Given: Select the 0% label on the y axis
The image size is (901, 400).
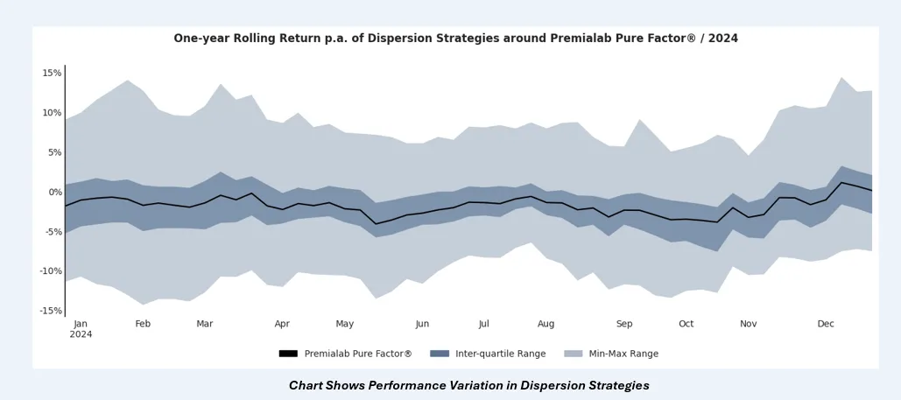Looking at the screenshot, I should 53,192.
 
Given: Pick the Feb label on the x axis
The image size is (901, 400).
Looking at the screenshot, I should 143,324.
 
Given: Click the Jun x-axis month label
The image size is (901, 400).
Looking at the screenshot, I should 422,324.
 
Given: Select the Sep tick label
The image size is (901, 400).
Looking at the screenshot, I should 624,324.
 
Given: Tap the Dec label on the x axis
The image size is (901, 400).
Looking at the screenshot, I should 826,324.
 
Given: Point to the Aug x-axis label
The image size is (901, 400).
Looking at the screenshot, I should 546,324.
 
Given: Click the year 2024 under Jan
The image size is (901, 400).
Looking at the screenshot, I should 81,334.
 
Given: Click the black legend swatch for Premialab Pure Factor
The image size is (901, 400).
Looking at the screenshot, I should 289,354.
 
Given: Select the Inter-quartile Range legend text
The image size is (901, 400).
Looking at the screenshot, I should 500,354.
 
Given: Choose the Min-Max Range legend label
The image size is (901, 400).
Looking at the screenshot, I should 623,354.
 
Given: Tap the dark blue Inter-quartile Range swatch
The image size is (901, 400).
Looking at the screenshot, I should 440,354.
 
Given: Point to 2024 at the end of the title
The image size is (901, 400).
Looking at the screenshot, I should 723,39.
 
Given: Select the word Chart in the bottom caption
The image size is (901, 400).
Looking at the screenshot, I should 307,385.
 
